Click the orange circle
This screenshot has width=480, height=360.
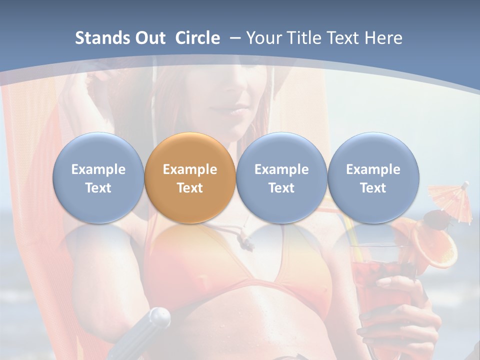tap(189, 177)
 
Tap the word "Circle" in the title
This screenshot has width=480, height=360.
tap(197, 38)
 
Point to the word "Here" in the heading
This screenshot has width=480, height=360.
tap(383, 38)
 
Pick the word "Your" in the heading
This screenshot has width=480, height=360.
tap(264, 38)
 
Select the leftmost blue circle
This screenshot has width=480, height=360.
tap(98, 177)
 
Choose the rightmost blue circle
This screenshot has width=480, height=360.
tap(373, 177)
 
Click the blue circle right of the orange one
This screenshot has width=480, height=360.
tap(281, 177)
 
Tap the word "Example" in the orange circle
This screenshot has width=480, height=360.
tap(189, 169)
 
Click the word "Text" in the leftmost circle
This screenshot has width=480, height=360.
tap(98, 188)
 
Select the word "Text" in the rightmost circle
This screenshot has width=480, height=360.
tap(373, 188)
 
